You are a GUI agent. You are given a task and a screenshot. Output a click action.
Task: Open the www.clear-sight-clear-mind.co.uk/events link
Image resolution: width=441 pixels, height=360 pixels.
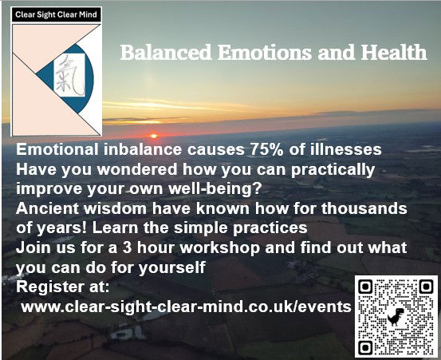184,306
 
